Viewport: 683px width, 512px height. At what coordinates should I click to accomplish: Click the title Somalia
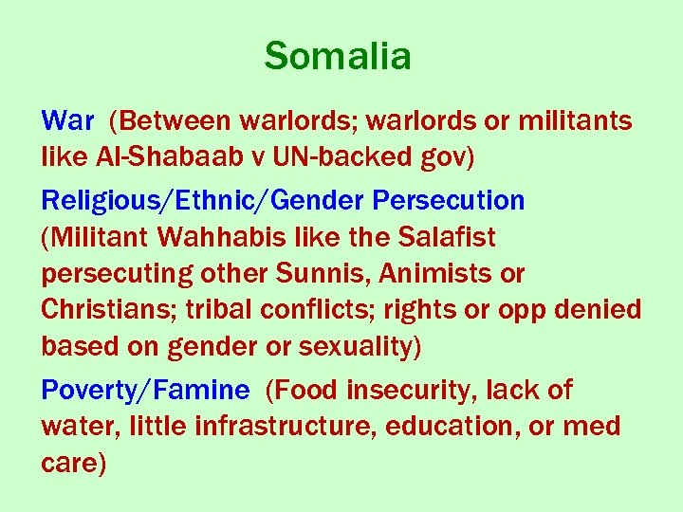coord(338,57)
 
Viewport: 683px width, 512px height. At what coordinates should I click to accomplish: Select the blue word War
coord(67,121)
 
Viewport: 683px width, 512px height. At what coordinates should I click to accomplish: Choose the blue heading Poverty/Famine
coord(146,391)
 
